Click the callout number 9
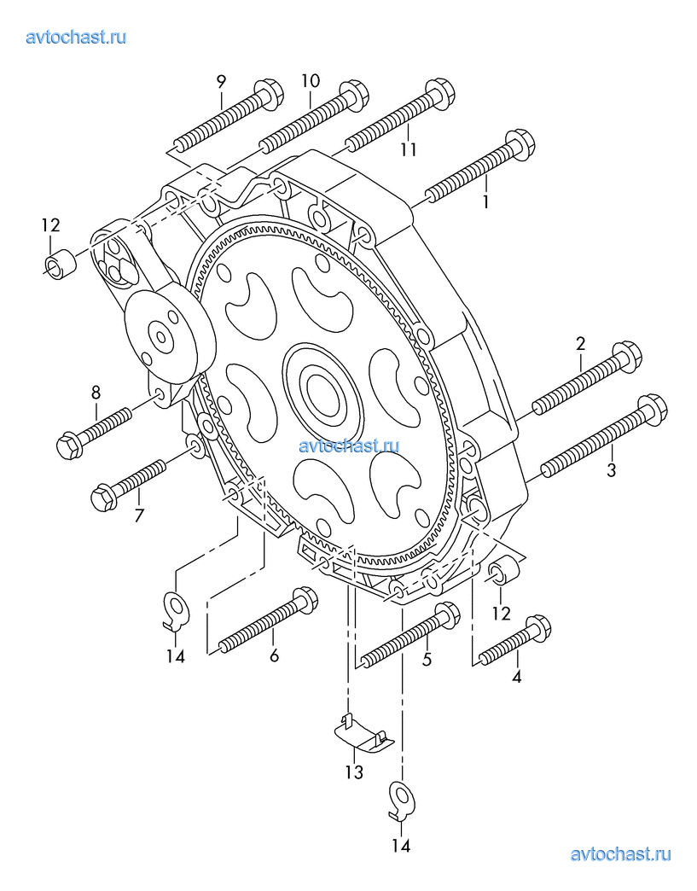click(x=221, y=81)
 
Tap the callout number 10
click(x=311, y=81)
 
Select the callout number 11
click(x=409, y=149)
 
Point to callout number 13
click(x=354, y=772)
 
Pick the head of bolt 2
click(x=625, y=356)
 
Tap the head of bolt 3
click(x=652, y=409)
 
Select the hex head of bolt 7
click(x=104, y=498)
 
